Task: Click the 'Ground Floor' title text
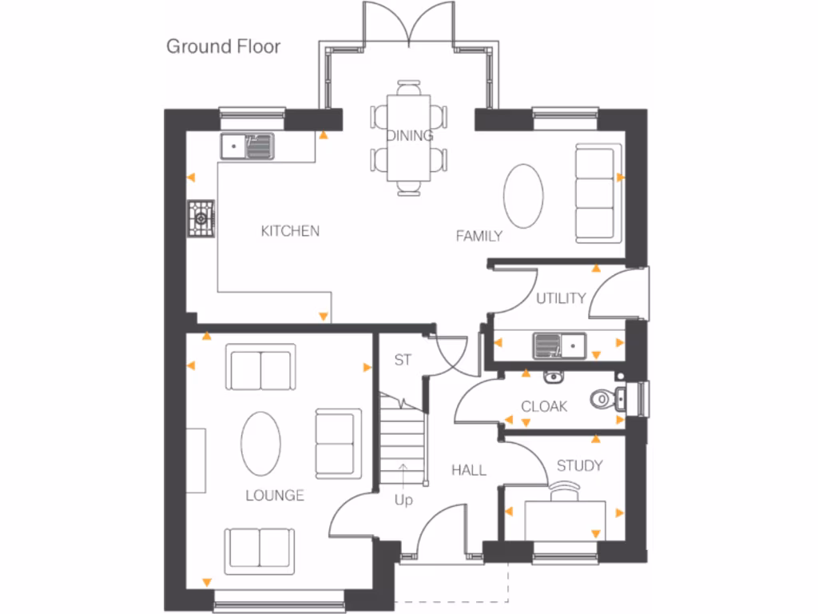coord(223,46)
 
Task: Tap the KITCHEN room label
coord(290,231)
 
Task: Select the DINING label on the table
coord(410,135)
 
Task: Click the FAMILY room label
coord(478,236)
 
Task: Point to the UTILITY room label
coord(561,298)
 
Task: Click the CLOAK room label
coord(544,406)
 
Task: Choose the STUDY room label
coord(579,465)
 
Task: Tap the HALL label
coord(468,470)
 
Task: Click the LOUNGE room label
coord(274,495)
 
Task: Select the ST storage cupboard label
coord(403,361)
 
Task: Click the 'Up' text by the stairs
coord(403,500)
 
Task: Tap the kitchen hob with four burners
coord(201,217)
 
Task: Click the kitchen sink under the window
coord(248,146)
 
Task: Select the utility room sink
coord(559,345)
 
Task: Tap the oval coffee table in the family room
coord(523,196)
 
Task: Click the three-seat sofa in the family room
coord(597,193)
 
